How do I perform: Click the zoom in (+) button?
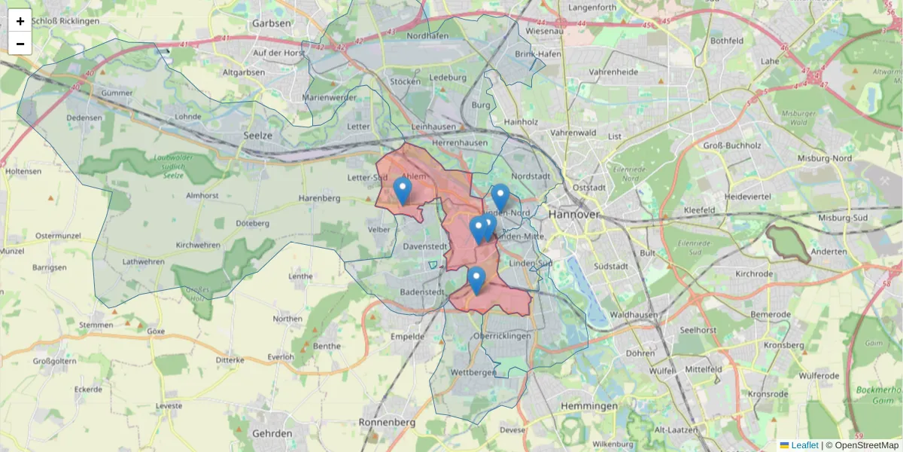tap(20, 21)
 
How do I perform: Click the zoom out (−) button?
tap(20, 44)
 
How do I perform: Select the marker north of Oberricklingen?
tap(476, 280)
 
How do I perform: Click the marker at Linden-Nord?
tap(500, 197)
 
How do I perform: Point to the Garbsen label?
tap(272, 23)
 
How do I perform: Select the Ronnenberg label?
tap(387, 423)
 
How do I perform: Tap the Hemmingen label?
tap(589, 406)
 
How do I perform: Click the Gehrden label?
tap(272, 434)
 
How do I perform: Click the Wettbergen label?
tap(473, 373)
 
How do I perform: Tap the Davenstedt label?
tap(425, 246)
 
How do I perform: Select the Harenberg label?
tap(320, 198)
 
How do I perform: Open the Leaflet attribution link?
tap(804, 445)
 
